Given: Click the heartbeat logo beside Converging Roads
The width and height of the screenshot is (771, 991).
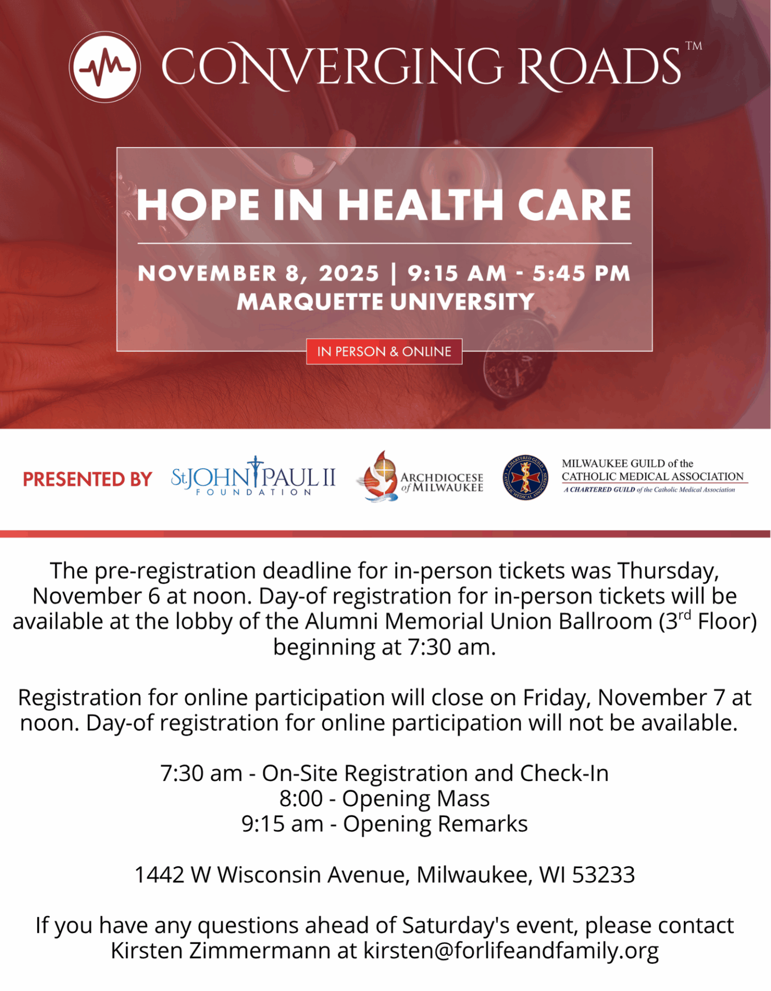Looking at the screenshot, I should (105, 67).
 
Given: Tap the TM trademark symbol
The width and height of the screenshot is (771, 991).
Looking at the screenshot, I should (694, 46).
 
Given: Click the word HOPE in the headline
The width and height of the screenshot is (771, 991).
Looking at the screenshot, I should (198, 205).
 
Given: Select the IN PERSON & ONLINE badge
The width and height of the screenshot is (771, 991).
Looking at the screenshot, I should (384, 351).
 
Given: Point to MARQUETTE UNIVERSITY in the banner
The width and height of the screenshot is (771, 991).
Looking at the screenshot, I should (385, 302).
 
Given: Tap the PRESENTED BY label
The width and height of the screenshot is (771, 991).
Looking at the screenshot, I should (87, 479).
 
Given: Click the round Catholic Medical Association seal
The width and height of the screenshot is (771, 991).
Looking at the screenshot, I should (525, 477).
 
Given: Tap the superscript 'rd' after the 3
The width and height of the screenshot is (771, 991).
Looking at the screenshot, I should (684, 615).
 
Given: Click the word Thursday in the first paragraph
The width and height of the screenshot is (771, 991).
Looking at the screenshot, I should (668, 571).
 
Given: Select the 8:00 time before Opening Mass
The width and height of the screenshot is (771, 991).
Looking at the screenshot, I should (301, 798).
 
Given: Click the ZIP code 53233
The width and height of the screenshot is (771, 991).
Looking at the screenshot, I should (603, 875).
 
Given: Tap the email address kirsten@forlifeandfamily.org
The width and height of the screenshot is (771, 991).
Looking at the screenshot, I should (511, 951).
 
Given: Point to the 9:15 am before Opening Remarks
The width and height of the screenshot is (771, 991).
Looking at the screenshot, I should (282, 824).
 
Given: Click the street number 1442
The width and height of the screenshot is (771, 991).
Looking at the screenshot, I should (159, 875).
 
